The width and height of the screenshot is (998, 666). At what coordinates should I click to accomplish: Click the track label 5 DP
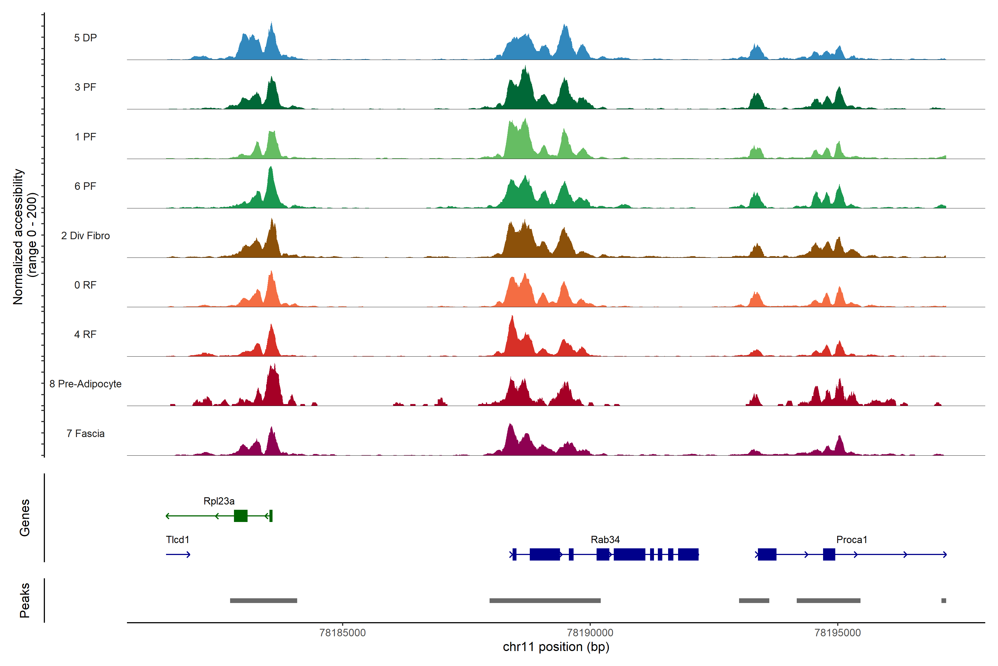85,38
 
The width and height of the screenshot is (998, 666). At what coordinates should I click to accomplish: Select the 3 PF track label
85,87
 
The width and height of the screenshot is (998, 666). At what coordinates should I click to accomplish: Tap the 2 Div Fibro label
85,236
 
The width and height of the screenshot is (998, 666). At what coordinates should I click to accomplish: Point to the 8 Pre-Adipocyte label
85,384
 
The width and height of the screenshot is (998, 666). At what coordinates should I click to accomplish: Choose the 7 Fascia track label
85,434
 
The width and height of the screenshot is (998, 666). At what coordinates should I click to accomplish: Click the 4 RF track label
85,335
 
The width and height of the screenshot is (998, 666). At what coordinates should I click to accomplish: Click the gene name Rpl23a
219,501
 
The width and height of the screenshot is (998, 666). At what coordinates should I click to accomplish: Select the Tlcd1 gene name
177,540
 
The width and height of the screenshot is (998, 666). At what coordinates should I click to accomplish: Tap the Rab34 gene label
605,540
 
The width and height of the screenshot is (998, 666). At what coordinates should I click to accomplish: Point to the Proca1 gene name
852,540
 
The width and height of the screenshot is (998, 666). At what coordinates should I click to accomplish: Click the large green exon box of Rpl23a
241,516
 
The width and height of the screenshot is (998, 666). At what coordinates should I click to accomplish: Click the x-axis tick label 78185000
342,633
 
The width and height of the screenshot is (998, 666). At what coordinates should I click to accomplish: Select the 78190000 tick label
590,633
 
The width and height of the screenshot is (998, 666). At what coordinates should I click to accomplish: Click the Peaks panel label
25,600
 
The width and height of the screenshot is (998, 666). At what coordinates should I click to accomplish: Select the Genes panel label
25,518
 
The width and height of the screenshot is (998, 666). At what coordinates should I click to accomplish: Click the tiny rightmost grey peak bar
944,601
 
